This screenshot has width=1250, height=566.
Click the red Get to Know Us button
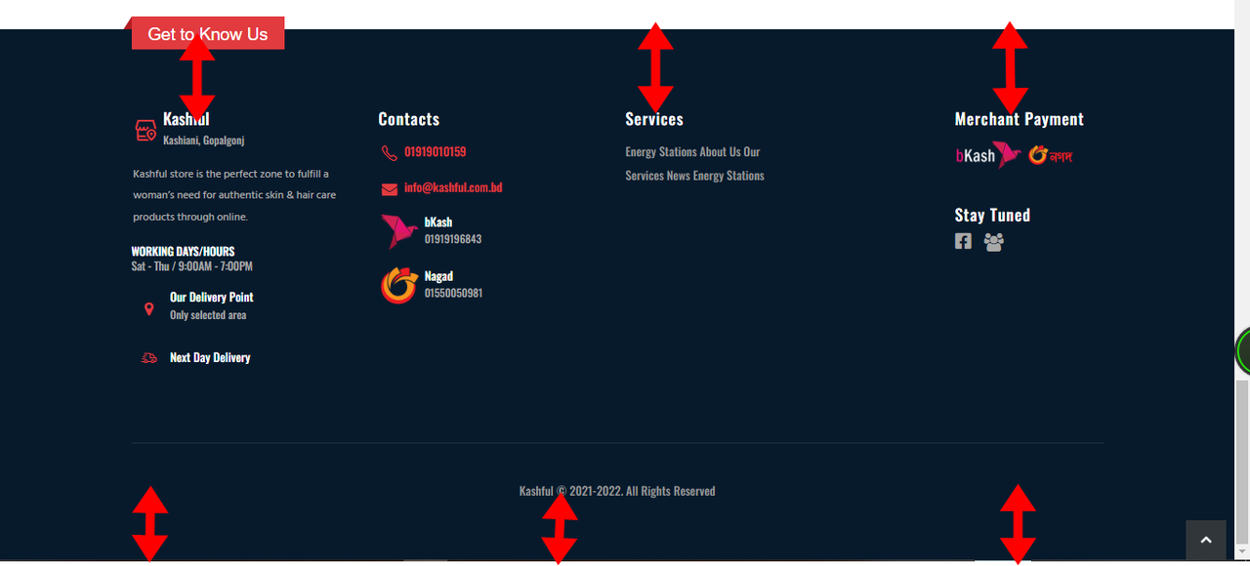point(208,33)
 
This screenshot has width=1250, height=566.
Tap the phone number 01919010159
point(435,151)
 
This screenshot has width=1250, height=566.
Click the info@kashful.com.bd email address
point(453,187)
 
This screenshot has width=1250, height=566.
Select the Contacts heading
point(409,119)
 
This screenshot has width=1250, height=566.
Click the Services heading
point(654,119)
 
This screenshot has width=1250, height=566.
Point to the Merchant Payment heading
point(1019,119)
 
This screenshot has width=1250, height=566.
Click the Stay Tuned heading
point(992,215)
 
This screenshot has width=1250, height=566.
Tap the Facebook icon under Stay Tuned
point(963,241)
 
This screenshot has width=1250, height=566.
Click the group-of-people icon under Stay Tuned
point(993,242)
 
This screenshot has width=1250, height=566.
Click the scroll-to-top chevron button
point(1206,540)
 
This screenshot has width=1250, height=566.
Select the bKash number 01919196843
point(452,239)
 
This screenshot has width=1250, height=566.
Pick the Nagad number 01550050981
point(453,294)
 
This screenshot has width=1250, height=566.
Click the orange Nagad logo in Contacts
point(399,285)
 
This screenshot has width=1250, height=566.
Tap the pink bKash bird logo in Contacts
point(398,231)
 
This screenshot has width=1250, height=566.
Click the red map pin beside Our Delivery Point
point(149,309)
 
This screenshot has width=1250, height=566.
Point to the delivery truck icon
point(149,358)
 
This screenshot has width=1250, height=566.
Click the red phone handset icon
point(389,153)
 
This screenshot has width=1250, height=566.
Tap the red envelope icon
point(390,189)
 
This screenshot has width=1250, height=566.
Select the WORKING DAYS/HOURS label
point(183,252)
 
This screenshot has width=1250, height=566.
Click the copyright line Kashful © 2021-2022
point(617,491)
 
